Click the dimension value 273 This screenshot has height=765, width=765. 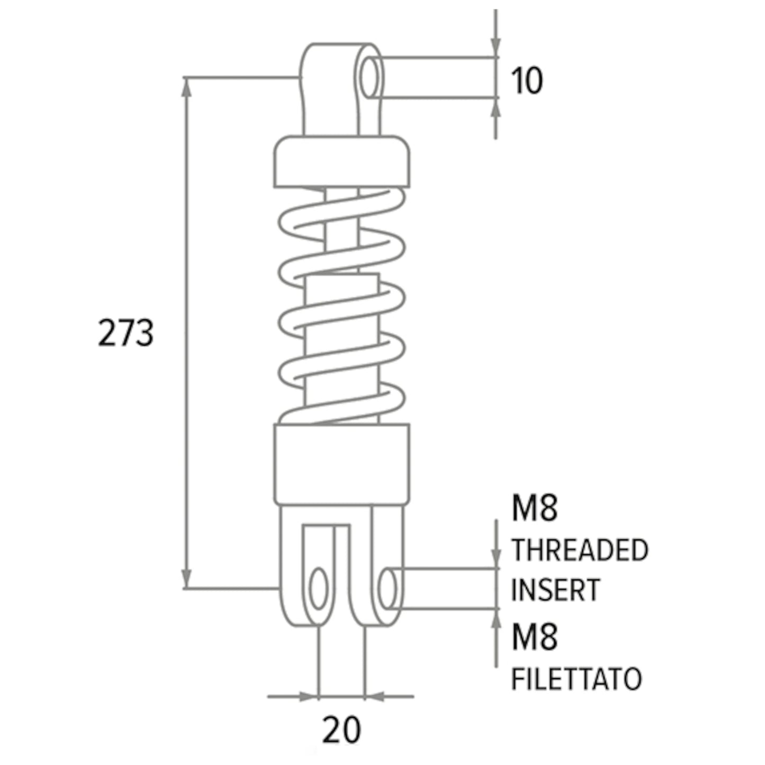[x=125, y=332]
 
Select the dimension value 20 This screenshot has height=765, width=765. [x=341, y=730]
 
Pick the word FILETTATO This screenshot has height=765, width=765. [x=577, y=679]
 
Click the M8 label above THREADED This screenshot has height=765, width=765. [x=535, y=509]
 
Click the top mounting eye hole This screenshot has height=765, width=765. [x=370, y=77]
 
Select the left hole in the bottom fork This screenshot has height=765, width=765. [x=318, y=589]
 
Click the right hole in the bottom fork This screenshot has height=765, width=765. [x=388, y=589]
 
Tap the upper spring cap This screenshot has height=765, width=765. [x=342, y=161]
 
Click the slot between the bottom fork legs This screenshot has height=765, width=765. [x=342, y=580]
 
